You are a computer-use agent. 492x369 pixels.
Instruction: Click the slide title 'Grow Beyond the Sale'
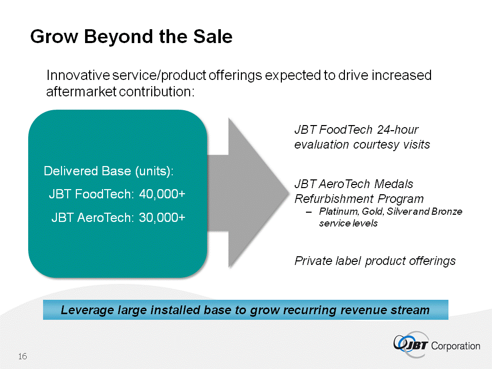131,37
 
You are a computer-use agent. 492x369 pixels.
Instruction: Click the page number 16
23,356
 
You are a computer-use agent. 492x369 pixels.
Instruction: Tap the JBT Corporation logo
437,344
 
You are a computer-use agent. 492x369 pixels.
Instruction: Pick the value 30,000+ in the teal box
162,218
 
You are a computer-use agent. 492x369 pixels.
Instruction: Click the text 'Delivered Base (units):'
109,171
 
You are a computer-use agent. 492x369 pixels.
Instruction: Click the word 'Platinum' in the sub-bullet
335,212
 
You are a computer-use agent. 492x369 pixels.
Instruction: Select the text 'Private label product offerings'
375,261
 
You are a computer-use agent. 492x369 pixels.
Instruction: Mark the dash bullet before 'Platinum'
308,212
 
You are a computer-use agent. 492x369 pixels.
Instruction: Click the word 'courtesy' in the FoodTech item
374,145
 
